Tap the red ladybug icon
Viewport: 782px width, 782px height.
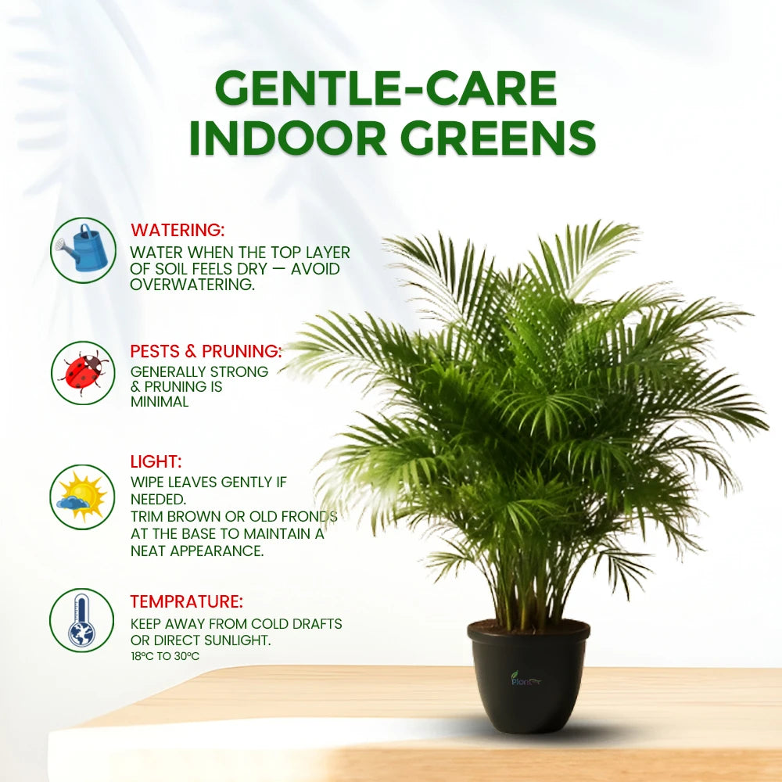[x=83, y=372]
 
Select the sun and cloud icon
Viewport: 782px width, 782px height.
[x=83, y=497]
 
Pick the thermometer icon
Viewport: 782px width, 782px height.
[x=82, y=620]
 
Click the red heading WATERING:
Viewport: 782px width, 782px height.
[x=178, y=230]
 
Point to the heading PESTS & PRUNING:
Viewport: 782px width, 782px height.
[x=206, y=350]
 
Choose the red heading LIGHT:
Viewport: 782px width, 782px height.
[x=156, y=461]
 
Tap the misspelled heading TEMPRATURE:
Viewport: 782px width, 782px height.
[x=186, y=601]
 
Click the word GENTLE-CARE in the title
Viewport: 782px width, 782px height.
[x=386, y=89]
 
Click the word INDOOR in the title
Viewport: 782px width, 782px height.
[x=288, y=138]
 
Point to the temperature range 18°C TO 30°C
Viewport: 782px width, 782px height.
[x=165, y=656]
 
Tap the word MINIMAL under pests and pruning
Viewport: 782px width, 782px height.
[x=160, y=402]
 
